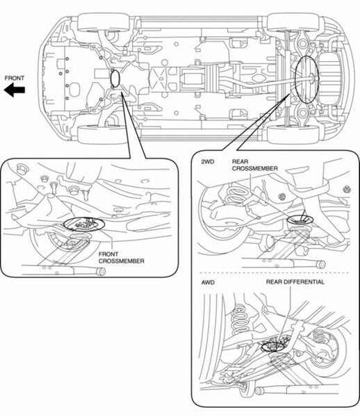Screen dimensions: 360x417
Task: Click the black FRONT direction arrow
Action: click(x=15, y=90)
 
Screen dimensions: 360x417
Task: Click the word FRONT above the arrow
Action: click(x=15, y=78)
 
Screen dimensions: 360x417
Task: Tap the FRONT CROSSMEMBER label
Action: click(x=122, y=258)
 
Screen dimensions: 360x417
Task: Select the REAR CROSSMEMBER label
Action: click(x=255, y=165)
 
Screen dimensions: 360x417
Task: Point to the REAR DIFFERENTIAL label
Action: click(x=295, y=282)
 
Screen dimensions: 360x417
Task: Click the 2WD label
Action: click(x=208, y=162)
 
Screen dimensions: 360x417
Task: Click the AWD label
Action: click(x=208, y=282)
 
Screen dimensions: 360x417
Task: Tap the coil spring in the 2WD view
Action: click(x=238, y=198)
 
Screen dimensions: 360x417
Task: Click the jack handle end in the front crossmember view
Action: click(x=101, y=272)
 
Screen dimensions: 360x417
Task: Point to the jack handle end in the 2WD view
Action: click(x=322, y=265)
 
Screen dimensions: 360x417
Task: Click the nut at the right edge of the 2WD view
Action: click(x=347, y=190)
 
